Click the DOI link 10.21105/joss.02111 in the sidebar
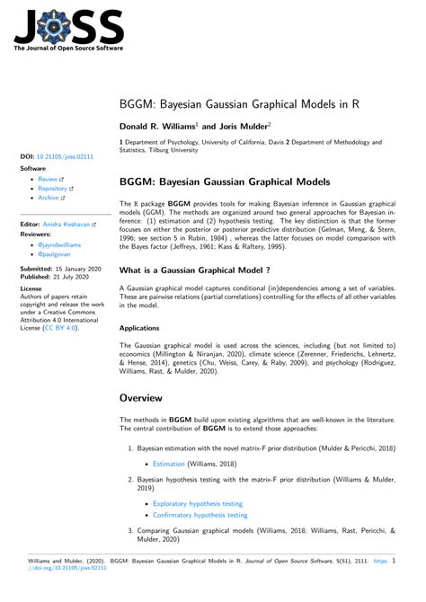tap(64, 156)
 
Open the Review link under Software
tap(49, 180)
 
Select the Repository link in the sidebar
tap(55, 190)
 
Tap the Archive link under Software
tap(50, 199)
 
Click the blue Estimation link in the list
tap(168, 465)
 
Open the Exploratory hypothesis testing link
tap(197, 504)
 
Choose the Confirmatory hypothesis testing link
tap(200, 515)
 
